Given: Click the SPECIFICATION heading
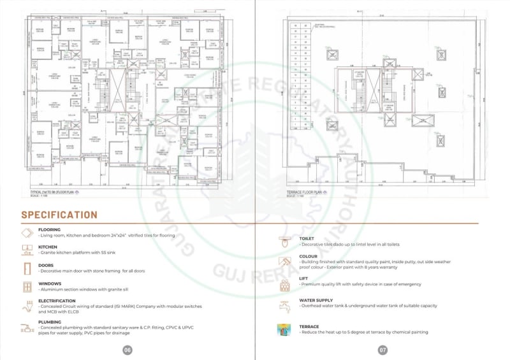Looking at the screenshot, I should click(59, 215).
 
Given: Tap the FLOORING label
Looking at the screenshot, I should click(50, 229).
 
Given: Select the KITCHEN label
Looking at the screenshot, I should click(48, 247).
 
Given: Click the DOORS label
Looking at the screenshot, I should click(46, 265).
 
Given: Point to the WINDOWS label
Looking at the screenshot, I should click(49, 284).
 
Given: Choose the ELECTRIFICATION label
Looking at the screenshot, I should click(59, 301).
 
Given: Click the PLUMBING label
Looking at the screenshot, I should click(49, 322).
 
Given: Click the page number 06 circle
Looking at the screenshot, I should click(127, 350).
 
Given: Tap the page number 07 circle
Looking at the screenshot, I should click(383, 350).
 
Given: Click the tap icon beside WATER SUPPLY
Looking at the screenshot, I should click(284, 306).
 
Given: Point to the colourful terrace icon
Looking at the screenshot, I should click(284, 330).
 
